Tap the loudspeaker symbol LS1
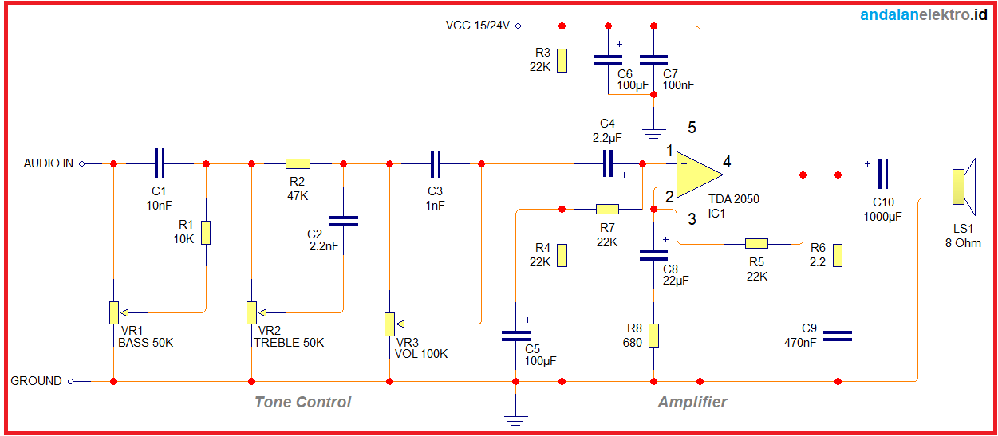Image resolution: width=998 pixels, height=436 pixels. pyautogui.click(x=963, y=186)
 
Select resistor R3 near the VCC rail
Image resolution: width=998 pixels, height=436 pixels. pyautogui.click(x=562, y=60)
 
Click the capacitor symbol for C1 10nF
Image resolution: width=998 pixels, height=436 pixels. pyautogui.click(x=160, y=163)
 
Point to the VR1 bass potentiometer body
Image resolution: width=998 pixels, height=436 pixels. pyautogui.click(x=114, y=312)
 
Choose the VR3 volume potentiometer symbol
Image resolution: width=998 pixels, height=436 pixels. pyautogui.click(x=389, y=324)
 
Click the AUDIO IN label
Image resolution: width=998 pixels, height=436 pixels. pyautogui.click(x=48, y=163)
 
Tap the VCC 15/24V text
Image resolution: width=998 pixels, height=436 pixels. pyautogui.click(x=478, y=26)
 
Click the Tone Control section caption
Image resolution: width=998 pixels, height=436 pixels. pyautogui.click(x=302, y=402)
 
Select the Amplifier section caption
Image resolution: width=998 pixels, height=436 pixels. pyautogui.click(x=692, y=402)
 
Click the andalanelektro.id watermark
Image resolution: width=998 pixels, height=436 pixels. pyautogui.click(x=924, y=15)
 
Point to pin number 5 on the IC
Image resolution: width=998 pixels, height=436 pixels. pyautogui.click(x=692, y=128)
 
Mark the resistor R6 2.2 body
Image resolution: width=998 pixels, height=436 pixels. pyautogui.click(x=838, y=255)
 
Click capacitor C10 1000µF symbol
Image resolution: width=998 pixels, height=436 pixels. pyautogui.click(x=883, y=174)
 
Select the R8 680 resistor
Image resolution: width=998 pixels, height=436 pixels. pyautogui.click(x=653, y=336)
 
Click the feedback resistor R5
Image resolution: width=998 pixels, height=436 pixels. pyautogui.click(x=756, y=244)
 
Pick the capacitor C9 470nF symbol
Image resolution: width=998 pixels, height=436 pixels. pyautogui.click(x=838, y=336)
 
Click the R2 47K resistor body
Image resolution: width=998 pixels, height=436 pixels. pyautogui.click(x=297, y=163)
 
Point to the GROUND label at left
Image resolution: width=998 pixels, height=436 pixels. pyautogui.click(x=36, y=381)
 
